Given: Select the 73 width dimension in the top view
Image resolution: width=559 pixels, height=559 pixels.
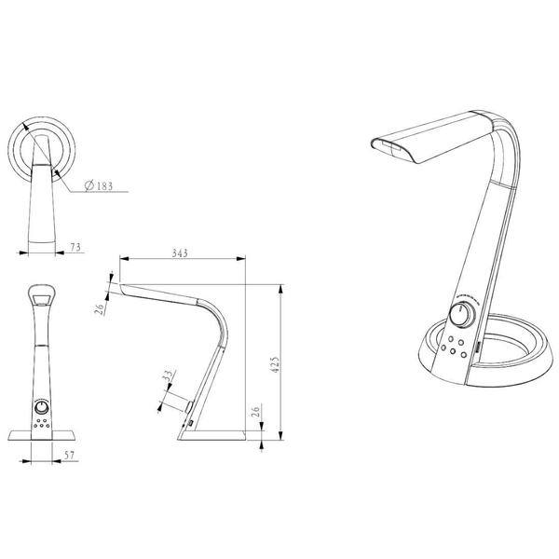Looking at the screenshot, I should point(75,247).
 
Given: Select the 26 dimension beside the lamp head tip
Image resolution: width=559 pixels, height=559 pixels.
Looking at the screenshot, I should point(100,308).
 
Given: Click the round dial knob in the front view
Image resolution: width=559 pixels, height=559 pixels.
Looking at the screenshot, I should point(43,407).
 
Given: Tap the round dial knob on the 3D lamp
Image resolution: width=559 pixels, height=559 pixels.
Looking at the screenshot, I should point(459,315).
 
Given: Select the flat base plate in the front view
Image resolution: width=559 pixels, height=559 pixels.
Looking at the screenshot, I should point(43,434).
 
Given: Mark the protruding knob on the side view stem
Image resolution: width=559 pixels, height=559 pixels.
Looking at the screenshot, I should point(189,407).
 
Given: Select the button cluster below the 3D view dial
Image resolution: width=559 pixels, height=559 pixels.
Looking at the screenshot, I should point(456,345).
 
